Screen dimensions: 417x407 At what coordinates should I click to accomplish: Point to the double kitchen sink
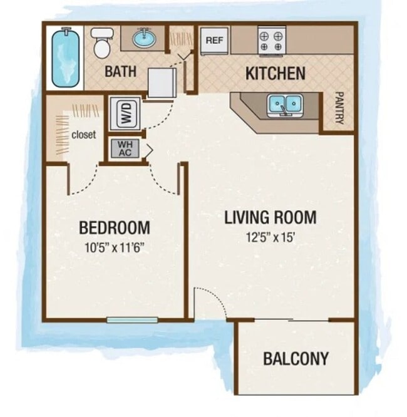point(285,105)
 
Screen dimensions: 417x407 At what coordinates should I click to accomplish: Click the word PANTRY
point(339,108)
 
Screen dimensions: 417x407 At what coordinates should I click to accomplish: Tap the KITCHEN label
point(275,74)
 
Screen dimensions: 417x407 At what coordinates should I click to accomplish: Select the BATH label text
point(120,71)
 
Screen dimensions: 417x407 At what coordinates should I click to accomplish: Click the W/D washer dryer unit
point(125,113)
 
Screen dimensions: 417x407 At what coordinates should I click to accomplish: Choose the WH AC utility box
point(124,148)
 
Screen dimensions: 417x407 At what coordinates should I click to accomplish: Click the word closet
point(83,134)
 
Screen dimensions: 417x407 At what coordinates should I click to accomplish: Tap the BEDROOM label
point(114,227)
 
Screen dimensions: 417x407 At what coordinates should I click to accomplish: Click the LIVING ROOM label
point(270,218)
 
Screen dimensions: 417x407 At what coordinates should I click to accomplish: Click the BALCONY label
point(295,359)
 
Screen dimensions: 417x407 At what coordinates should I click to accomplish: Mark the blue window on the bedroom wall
point(132,320)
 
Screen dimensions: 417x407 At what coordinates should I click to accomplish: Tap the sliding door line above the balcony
point(291,320)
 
